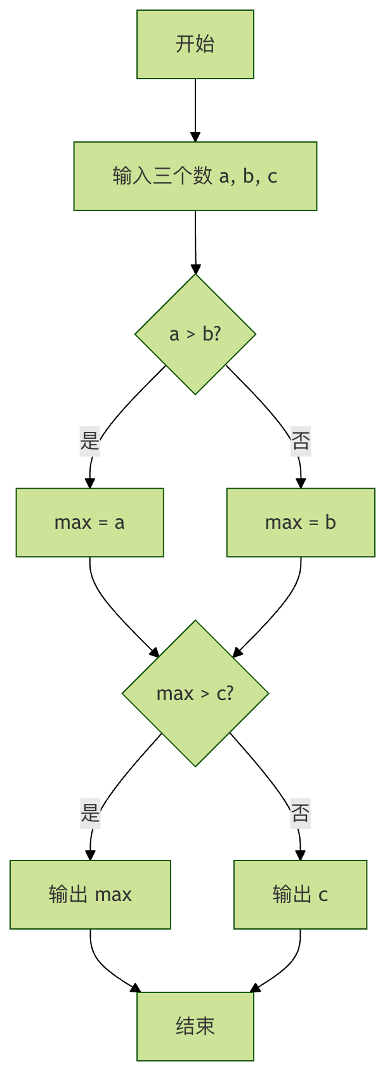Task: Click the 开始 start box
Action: (195, 44)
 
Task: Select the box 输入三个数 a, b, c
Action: (195, 176)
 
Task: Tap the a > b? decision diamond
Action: (195, 334)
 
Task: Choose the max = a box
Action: (90, 523)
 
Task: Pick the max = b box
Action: (301, 523)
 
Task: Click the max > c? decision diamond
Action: (195, 693)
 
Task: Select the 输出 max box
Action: (90, 895)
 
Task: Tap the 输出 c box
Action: (300, 895)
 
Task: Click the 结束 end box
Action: (195, 1026)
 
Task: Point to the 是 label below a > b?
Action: (90, 440)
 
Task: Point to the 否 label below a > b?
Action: (301, 440)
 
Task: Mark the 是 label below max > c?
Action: (90, 812)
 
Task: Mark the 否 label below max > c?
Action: (301, 812)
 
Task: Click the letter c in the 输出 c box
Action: (323, 895)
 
